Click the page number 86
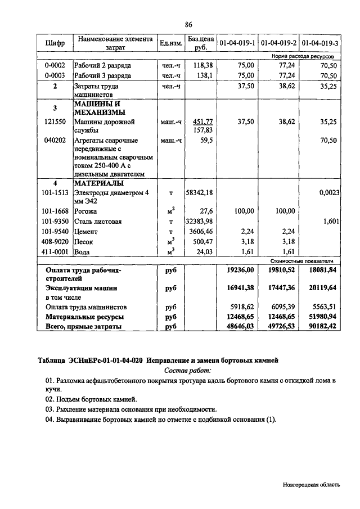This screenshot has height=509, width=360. tap(188, 24)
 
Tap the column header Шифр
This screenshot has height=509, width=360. tap(55, 43)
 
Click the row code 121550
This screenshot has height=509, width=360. tap(55, 121)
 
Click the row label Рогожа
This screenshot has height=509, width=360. tap(86, 211)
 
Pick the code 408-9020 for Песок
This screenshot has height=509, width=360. tap(55, 241)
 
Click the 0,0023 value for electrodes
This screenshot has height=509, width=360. tap(327, 193)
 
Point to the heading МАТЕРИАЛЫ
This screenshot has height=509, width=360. tap(99, 183)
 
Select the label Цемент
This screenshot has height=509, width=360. tap(87, 231)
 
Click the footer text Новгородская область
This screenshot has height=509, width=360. tap(311, 484)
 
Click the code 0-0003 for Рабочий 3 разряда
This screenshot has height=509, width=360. tap(55, 75)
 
